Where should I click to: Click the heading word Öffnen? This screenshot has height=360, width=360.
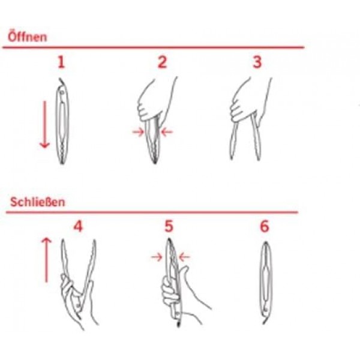pyautogui.click(x=28, y=37)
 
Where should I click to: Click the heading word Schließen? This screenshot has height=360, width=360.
pyautogui.click(x=38, y=202)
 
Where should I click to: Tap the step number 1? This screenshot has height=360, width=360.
pyautogui.click(x=61, y=62)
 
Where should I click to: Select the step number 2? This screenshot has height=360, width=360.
pyautogui.click(x=162, y=62)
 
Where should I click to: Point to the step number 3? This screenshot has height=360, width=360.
pyautogui.click(x=257, y=62)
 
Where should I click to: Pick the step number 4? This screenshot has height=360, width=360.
pyautogui.click(x=78, y=226)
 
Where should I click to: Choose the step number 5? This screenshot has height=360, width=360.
pyautogui.click(x=169, y=226)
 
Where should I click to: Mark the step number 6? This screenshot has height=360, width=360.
pyautogui.click(x=264, y=226)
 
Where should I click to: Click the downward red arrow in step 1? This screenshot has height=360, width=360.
pyautogui.click(x=44, y=125)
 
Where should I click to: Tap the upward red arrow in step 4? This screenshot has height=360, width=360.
pyautogui.click(x=46, y=260)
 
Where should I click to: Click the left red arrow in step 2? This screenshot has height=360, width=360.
pyautogui.click(x=138, y=132)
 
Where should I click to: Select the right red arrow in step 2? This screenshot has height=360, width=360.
pyautogui.click(x=166, y=132)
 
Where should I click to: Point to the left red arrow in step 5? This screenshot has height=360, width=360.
pyautogui.click(x=157, y=257)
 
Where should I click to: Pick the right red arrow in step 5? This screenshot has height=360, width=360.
pyautogui.click(x=184, y=257)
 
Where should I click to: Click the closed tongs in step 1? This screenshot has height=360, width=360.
pyautogui.click(x=62, y=121)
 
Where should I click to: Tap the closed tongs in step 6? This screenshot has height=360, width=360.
pyautogui.click(x=266, y=283)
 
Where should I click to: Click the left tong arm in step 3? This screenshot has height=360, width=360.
pyautogui.click(x=233, y=140)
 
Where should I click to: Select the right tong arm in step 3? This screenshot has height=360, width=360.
pyautogui.click(x=256, y=137)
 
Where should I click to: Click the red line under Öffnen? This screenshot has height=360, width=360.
pyautogui.click(x=153, y=47)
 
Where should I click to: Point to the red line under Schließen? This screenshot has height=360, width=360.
pyautogui.click(x=152, y=212)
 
